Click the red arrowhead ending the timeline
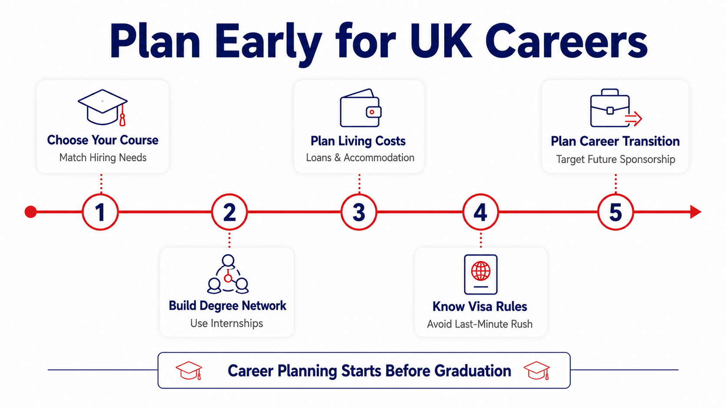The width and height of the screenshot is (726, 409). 696,212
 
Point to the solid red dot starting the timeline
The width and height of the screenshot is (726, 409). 31,212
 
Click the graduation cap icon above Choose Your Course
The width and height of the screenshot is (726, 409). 103,107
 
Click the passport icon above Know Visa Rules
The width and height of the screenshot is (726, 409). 481,274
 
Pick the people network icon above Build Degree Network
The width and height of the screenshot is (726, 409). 228,274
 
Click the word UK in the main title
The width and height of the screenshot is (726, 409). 441,42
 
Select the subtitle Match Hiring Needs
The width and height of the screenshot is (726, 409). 103,158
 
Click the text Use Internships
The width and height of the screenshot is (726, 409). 227,323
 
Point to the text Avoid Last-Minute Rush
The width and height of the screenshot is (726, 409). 480,324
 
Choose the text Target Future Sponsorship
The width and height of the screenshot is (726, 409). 615,159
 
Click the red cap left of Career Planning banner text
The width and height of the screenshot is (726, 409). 189,370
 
